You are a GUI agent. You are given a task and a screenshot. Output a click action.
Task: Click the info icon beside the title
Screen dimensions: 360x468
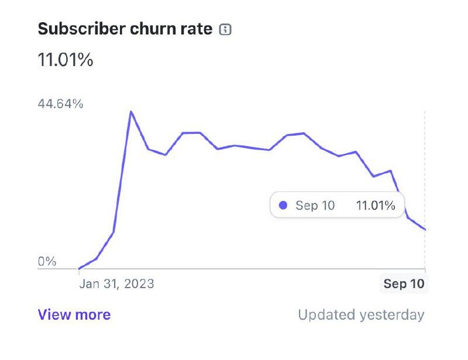pos(225,30)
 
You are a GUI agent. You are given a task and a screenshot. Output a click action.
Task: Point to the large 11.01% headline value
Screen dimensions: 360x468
pos(66,60)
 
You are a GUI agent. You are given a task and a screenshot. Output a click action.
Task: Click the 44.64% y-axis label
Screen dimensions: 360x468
pos(61,104)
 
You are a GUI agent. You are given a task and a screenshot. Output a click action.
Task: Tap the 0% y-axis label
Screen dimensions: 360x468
pos(47,261)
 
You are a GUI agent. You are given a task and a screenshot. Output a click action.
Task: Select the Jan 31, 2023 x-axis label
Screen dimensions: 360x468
pos(117,284)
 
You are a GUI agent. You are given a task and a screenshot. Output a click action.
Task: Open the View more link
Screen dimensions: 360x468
pos(74,315)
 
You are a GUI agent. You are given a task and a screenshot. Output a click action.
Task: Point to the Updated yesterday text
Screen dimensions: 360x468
pos(361,315)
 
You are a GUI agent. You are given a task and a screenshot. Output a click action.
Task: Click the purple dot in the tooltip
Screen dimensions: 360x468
pos(284,206)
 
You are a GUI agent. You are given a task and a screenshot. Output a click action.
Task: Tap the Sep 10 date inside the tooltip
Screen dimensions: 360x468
pos(315,206)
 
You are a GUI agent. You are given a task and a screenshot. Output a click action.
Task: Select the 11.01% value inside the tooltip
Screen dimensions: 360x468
pos(376,206)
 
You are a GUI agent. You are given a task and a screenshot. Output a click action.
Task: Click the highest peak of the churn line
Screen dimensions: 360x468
pos(131,111)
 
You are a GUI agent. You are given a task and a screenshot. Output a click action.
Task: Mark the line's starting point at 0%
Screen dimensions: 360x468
pos(79,269)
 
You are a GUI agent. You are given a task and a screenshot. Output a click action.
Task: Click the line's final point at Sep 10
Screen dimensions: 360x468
pos(425,230)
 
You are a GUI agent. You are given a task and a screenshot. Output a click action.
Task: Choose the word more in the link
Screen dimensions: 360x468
pos(93,315)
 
